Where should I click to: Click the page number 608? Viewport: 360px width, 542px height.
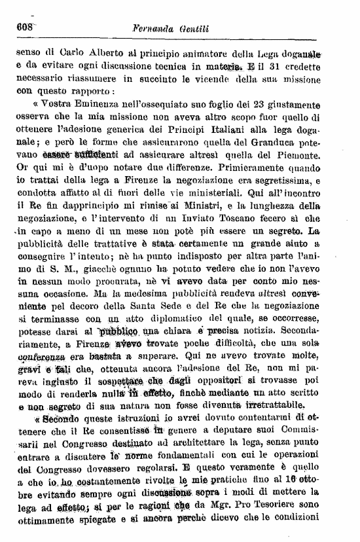point(24,27)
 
